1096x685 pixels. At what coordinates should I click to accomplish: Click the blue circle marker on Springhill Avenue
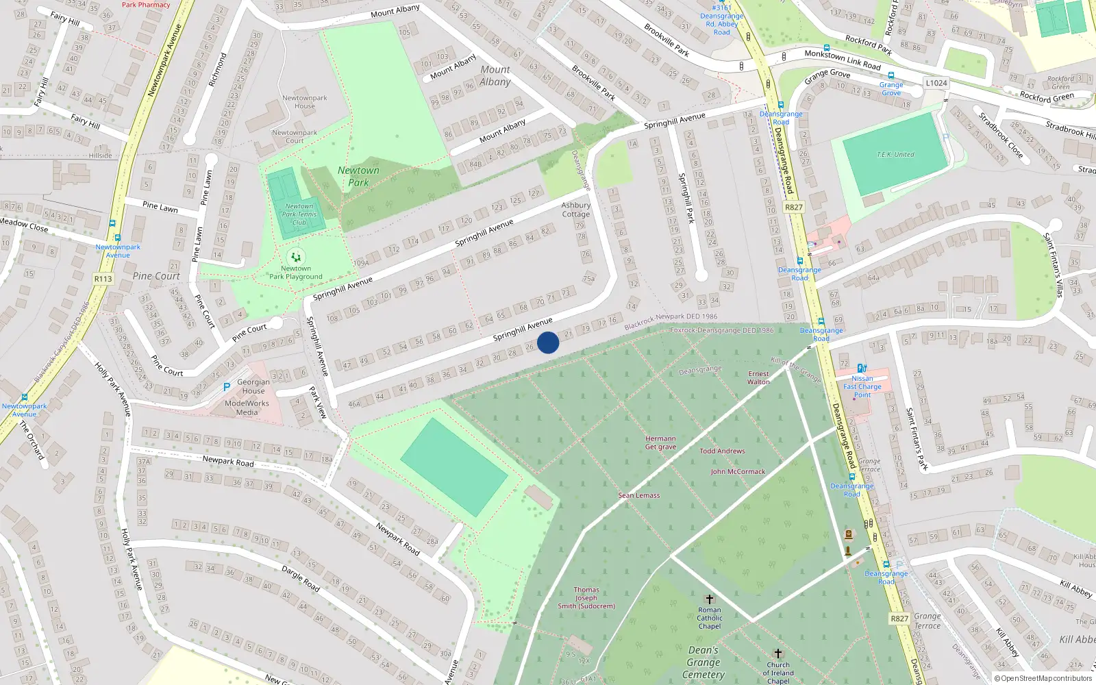click(548, 342)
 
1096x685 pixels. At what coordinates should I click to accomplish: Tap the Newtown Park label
click(358, 176)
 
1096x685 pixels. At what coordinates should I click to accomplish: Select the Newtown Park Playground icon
click(295, 258)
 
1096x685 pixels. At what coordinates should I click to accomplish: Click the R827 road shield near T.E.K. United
click(793, 207)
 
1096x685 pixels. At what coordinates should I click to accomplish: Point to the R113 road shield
click(103, 279)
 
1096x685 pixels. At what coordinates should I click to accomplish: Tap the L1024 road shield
click(936, 83)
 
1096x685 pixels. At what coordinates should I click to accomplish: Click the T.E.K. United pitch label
click(895, 155)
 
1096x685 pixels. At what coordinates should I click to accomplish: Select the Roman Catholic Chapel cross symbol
click(710, 599)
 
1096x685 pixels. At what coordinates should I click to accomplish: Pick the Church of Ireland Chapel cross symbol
click(777, 653)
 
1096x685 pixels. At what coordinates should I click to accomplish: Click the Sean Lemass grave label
click(639, 495)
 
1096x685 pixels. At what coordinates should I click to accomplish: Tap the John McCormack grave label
click(738, 472)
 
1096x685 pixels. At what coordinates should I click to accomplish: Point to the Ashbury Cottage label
click(575, 210)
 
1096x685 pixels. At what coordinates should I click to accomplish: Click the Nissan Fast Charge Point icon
click(862, 369)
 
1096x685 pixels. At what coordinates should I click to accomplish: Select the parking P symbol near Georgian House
click(227, 387)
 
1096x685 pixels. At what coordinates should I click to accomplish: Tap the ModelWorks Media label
click(247, 408)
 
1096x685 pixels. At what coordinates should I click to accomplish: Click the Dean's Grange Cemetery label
click(703, 662)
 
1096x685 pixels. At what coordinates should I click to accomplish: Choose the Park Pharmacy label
click(145, 5)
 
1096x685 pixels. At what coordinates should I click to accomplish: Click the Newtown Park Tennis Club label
click(299, 214)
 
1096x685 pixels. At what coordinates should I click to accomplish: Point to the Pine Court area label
click(156, 276)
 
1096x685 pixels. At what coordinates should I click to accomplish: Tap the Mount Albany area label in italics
click(495, 75)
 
